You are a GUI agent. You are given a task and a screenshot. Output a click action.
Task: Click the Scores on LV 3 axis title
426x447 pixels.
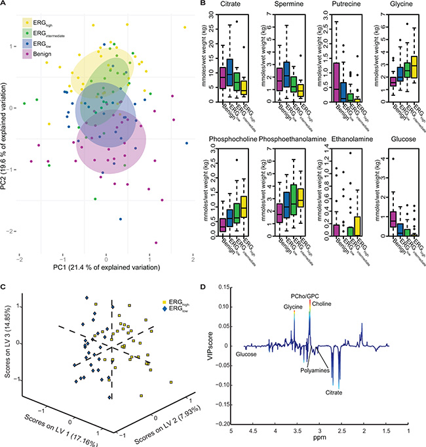(7, 345)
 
